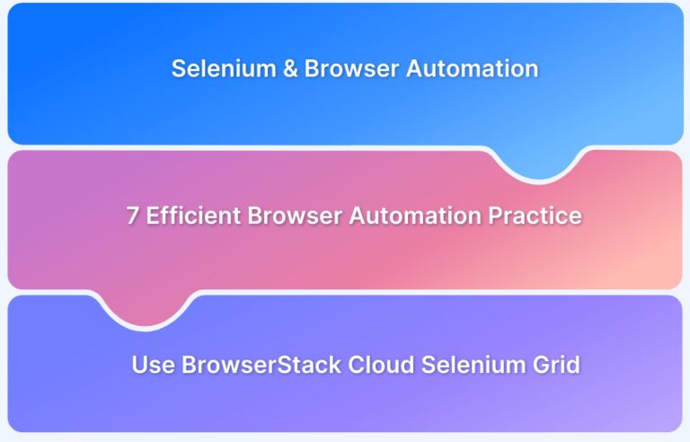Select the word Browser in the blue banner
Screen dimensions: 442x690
[x=344, y=68]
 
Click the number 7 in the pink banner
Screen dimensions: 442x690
[x=131, y=217]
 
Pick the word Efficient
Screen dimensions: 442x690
[x=190, y=217]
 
